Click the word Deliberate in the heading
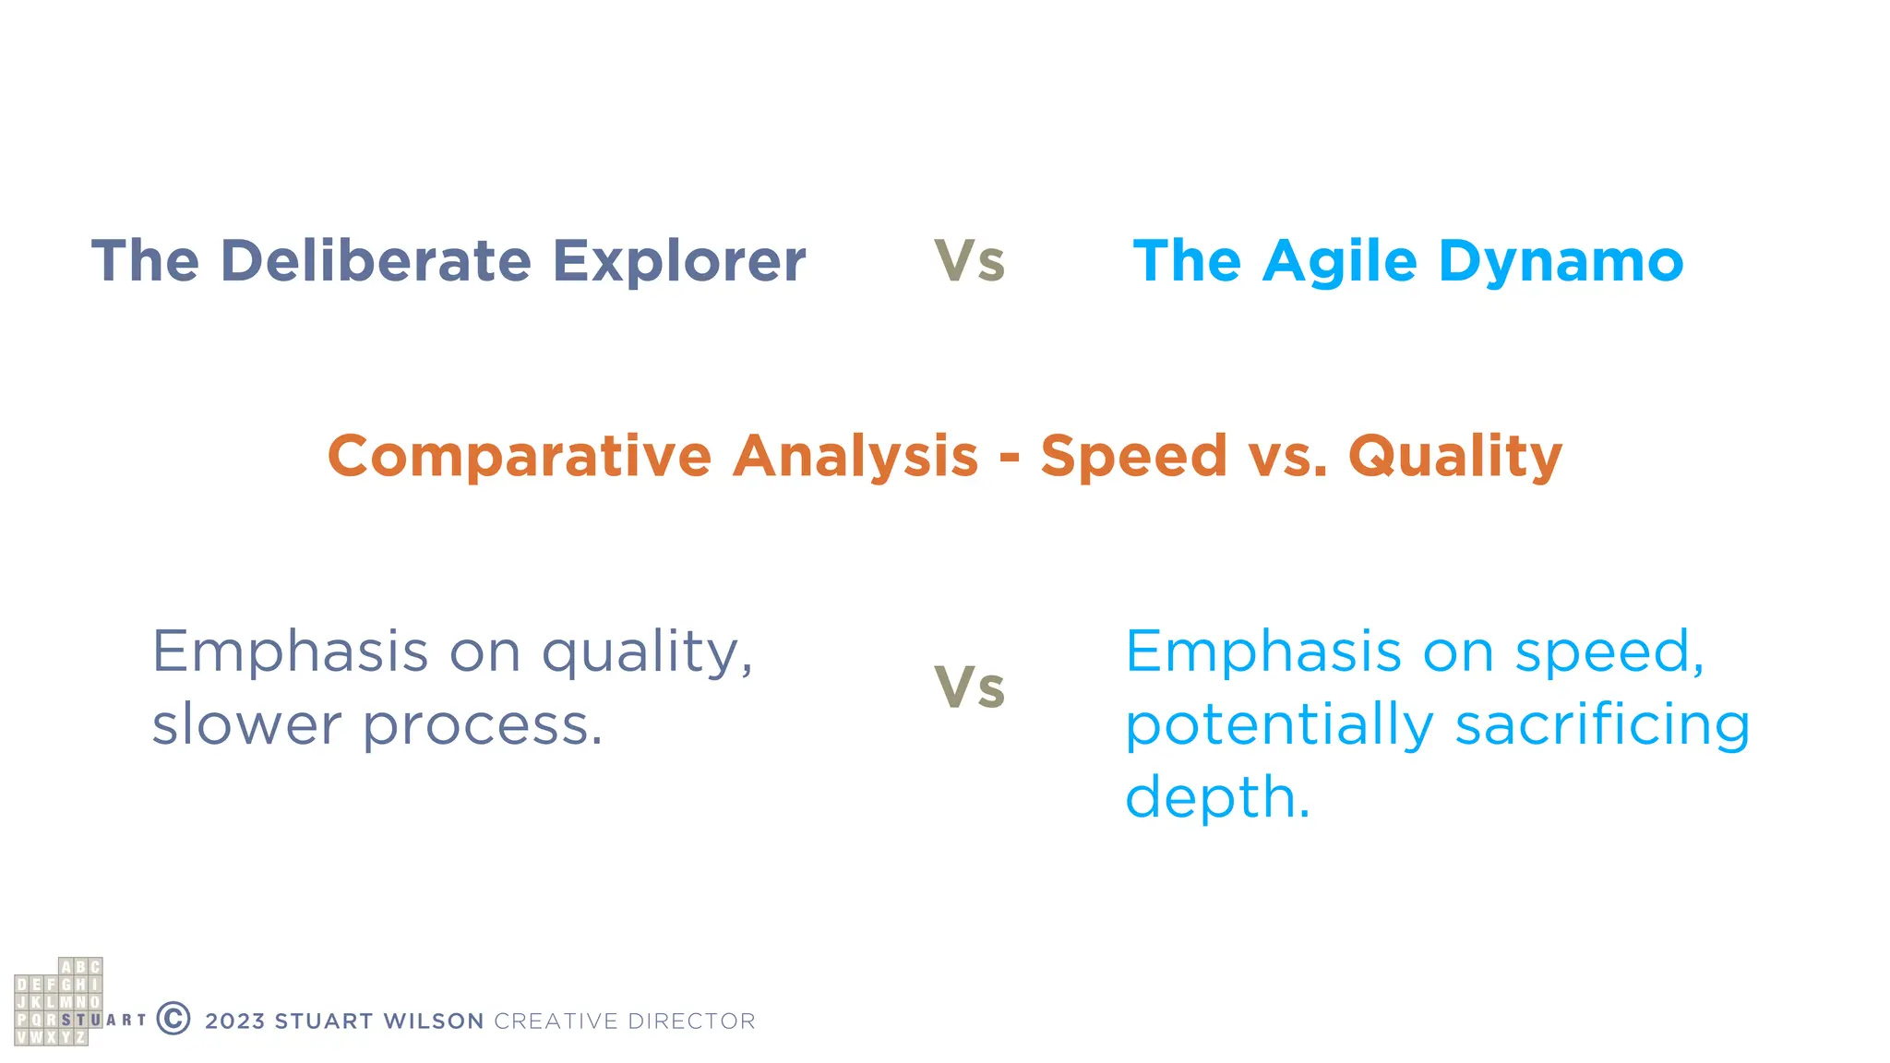376,261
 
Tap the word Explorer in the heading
678,261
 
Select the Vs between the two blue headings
969,261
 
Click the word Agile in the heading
1339,261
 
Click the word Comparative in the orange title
520,457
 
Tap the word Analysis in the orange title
855,457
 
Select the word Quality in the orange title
1455,457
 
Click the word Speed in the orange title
1133,457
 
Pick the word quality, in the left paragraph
647,653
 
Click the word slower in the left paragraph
246,724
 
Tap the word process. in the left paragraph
482,726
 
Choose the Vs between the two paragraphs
969,688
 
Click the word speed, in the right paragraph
1609,653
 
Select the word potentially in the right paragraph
1279,725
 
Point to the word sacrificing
1602,724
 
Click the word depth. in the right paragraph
1217,797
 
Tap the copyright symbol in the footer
173,1019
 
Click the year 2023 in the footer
235,1021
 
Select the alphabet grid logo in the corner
58,1002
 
